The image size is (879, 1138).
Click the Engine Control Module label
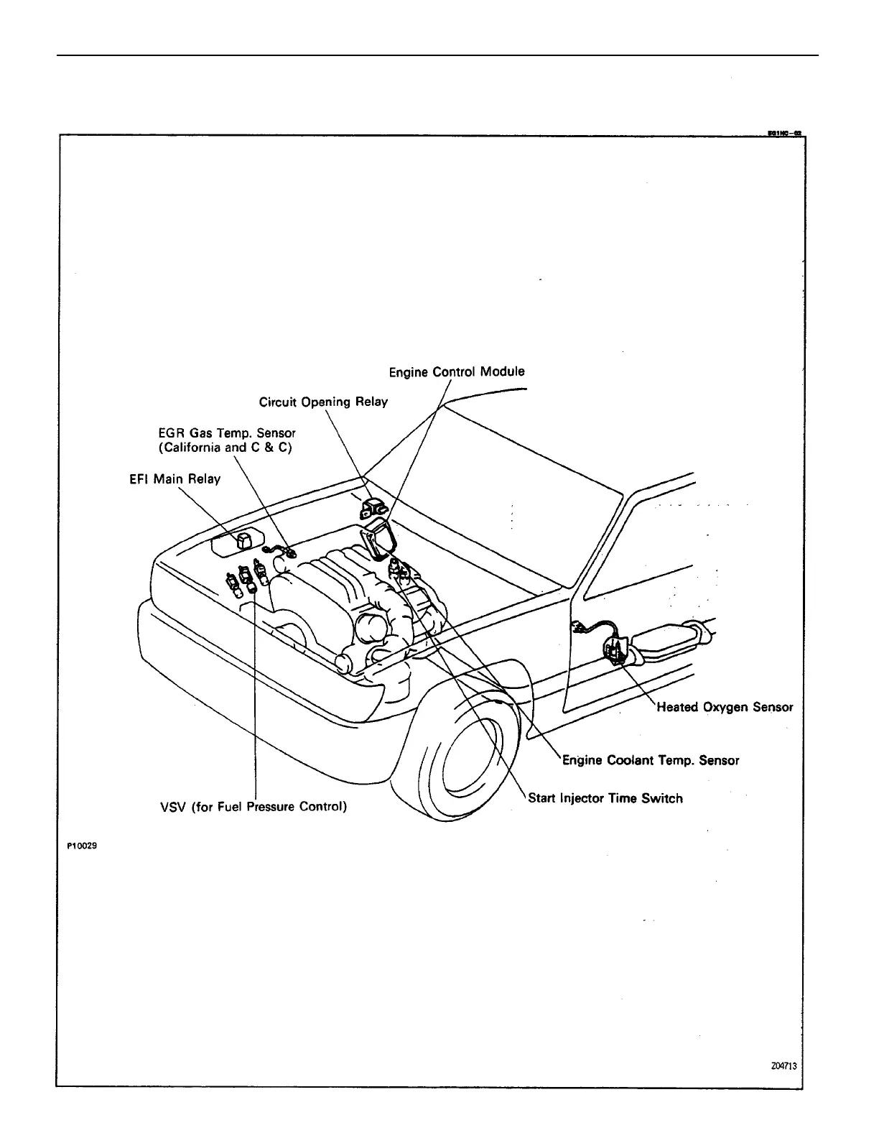[x=457, y=371]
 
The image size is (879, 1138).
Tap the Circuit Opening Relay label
[x=323, y=402]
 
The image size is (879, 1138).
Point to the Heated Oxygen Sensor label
[x=725, y=707]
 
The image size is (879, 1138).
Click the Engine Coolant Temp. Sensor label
[x=651, y=760]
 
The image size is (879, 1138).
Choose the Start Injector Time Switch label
[x=605, y=798]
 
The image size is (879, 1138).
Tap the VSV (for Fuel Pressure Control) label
[x=253, y=806]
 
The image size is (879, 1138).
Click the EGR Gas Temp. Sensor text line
[x=227, y=433]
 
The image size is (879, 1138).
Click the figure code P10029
[x=81, y=846]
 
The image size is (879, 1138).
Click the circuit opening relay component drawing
[x=373, y=508]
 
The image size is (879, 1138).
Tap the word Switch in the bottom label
[x=662, y=798]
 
